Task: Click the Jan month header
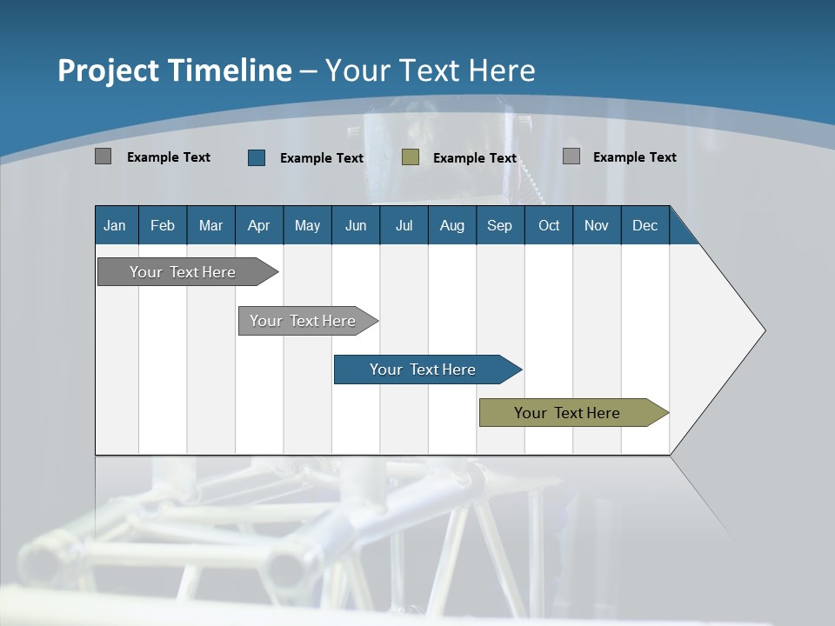pyautogui.click(x=115, y=225)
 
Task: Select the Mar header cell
pyautogui.click(x=210, y=225)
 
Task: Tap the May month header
pyautogui.click(x=307, y=225)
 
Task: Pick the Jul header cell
pyautogui.click(x=404, y=225)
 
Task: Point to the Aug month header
pyautogui.click(x=451, y=225)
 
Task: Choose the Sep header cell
pyautogui.click(x=499, y=225)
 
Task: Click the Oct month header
pyautogui.click(x=549, y=225)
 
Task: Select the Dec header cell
pyautogui.click(x=645, y=225)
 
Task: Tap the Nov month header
pyautogui.click(x=596, y=225)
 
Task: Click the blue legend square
pyautogui.click(x=257, y=157)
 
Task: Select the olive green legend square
pyautogui.click(x=411, y=157)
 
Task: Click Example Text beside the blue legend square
pyautogui.click(x=321, y=158)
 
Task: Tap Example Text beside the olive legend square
pyautogui.click(x=474, y=158)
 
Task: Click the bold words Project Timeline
pyautogui.click(x=174, y=70)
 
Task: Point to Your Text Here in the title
pyautogui.click(x=430, y=70)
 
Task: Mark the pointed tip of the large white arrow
pyautogui.click(x=764, y=330)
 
